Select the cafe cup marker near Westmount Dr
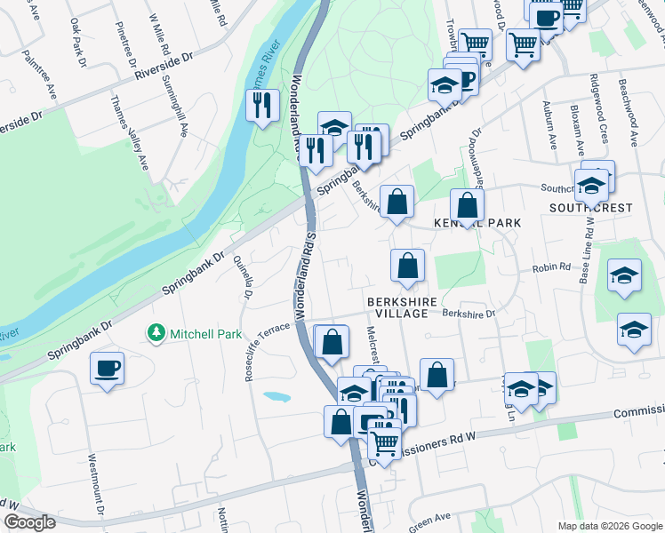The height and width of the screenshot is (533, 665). (x=107, y=368)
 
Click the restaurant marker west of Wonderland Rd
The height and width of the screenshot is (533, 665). (x=263, y=107)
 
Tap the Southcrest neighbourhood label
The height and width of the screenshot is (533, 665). (x=590, y=208)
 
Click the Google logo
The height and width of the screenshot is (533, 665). (x=29, y=522)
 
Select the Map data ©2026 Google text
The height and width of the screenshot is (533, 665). (x=609, y=526)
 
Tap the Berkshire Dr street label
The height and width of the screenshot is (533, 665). (x=469, y=313)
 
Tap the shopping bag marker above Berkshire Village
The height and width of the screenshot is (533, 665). (x=407, y=265)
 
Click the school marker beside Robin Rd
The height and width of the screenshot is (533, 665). (x=625, y=275)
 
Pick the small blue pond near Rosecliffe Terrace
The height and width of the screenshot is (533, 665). (x=276, y=396)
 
